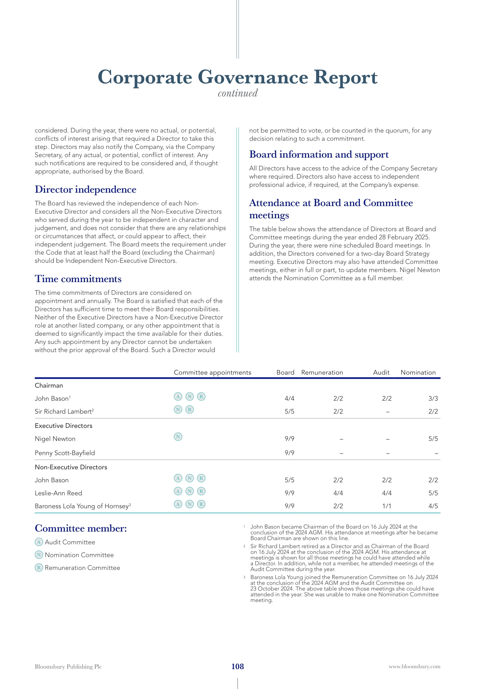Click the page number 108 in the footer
click(x=238, y=666)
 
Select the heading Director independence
click(x=85, y=189)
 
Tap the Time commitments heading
click(x=78, y=279)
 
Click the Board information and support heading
click(x=319, y=154)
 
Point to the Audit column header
click(x=381, y=372)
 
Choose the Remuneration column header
click(x=322, y=372)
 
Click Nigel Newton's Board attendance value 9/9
click(x=289, y=439)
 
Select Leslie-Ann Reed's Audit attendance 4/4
click(x=387, y=493)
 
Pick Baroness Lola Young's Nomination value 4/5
click(x=433, y=506)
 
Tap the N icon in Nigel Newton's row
click(x=178, y=437)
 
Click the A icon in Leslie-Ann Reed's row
click(x=178, y=491)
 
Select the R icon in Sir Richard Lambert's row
click(x=190, y=409)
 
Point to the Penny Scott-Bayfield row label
click(x=65, y=453)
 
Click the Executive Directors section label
click(x=64, y=426)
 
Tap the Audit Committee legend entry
click(x=69, y=542)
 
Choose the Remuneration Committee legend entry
click(x=82, y=568)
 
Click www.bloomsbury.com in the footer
click(x=415, y=667)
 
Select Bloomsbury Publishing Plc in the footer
click(x=68, y=667)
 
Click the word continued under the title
click(x=238, y=93)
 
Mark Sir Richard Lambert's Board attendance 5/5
click(x=289, y=412)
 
